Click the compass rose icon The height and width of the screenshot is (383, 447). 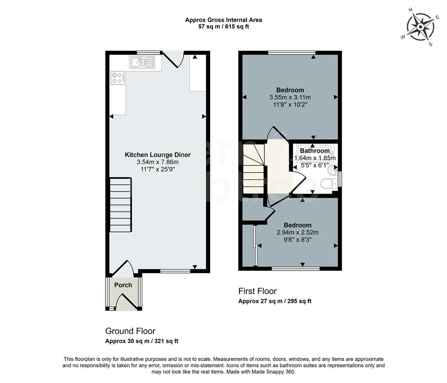(x=420, y=27)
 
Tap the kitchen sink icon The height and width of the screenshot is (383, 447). (x=142, y=62)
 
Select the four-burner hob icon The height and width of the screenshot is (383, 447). (x=118, y=78)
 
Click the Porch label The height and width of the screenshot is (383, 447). (x=123, y=285)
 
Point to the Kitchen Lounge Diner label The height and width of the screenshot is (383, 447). (x=158, y=155)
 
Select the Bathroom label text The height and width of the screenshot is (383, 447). (x=315, y=151)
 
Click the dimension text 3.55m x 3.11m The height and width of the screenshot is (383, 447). (x=290, y=98)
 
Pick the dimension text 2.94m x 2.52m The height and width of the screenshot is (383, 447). (x=297, y=233)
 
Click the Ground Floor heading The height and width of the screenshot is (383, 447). (x=130, y=331)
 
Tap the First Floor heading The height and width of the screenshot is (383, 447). (x=257, y=291)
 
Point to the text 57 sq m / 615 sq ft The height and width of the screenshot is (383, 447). (x=223, y=27)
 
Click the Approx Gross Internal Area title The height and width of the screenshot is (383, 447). (x=223, y=20)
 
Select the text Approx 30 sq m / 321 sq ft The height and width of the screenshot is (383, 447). (x=142, y=341)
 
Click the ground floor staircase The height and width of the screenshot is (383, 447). (x=121, y=205)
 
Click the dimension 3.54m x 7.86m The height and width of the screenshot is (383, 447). (x=158, y=162)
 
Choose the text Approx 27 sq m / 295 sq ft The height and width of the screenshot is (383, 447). (x=275, y=301)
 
